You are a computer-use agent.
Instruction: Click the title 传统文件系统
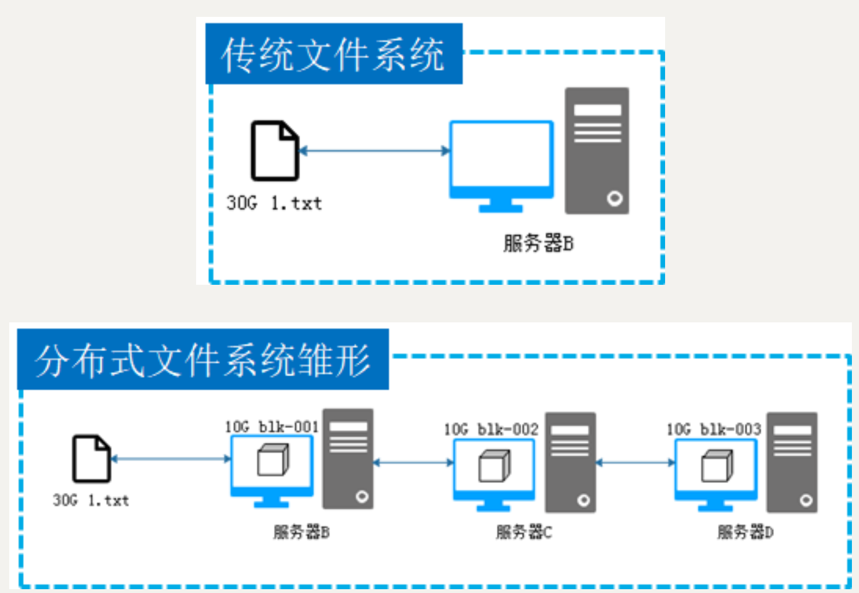click(333, 54)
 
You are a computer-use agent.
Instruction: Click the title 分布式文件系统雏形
click(203, 360)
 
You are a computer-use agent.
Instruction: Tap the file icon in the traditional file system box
click(275, 150)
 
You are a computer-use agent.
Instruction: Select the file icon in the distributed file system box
click(92, 458)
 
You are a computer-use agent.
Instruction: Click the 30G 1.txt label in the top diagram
click(274, 204)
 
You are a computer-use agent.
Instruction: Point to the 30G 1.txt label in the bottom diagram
click(91, 500)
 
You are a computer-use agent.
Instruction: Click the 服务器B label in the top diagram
click(538, 243)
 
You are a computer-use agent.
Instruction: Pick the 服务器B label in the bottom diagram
click(301, 532)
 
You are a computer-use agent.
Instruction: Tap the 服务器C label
click(523, 532)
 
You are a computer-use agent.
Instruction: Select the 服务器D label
click(745, 532)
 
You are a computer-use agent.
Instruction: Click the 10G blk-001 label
click(272, 427)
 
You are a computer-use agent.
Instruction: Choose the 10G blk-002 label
click(491, 430)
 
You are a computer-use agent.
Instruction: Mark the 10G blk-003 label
click(714, 430)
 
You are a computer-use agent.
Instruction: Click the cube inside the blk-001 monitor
click(272, 460)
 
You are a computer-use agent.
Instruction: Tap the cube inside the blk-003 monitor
click(717, 466)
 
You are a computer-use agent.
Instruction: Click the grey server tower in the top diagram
click(597, 151)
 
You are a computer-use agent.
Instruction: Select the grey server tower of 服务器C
click(570, 462)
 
